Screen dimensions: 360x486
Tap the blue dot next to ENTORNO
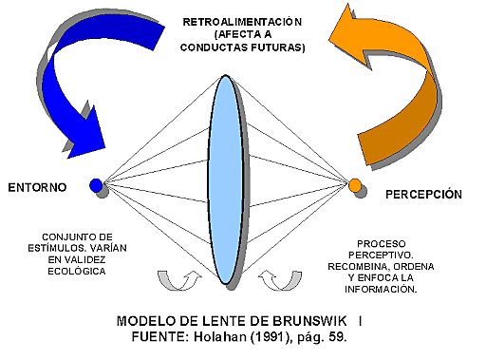96,185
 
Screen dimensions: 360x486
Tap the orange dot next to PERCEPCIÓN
354,184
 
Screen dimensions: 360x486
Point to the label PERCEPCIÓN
424,194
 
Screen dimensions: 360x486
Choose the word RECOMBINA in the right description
363,267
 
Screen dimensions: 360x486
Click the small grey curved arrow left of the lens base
176,277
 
